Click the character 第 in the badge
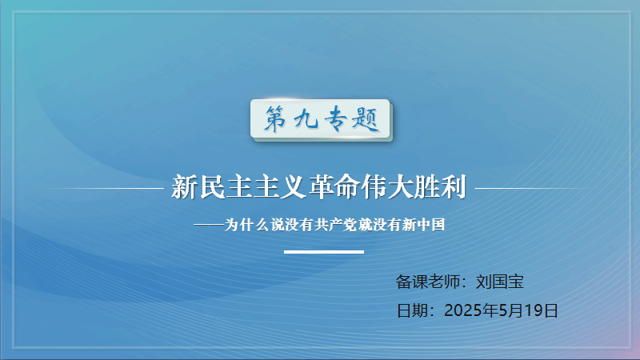point(275,118)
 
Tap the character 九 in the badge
point(306,119)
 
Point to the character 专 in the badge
point(336,118)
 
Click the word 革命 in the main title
point(334,187)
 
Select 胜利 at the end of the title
point(440,187)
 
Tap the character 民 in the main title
point(212,187)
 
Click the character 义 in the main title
point(293,187)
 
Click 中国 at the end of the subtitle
point(430,225)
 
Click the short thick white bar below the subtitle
point(324,252)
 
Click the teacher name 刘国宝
point(499,282)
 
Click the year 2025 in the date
point(463,310)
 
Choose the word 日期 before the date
point(412,310)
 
